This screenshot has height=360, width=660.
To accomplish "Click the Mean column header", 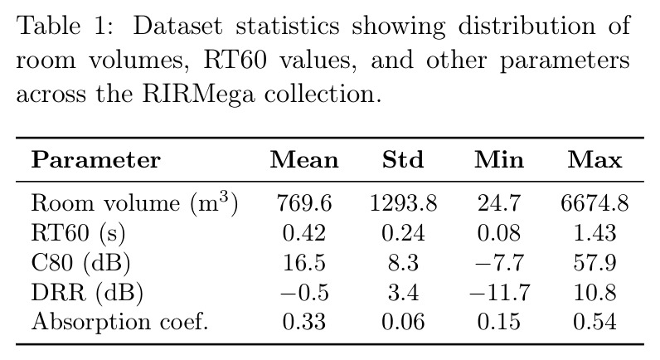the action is (304, 160).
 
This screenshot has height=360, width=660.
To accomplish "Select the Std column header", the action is (403, 160).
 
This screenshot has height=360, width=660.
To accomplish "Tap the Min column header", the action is (499, 160).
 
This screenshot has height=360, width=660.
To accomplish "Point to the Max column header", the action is (594, 160).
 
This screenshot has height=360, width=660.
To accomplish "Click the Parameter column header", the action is (96, 160).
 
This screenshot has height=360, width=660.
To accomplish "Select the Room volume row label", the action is (134, 203).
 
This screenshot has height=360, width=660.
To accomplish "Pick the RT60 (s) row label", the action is (78, 233).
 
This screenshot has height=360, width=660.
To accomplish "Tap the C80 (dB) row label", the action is (80, 263).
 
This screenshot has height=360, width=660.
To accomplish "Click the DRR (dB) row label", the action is (87, 292).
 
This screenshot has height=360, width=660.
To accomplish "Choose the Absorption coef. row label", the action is (120, 322).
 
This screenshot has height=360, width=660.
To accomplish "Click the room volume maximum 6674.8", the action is (594, 203).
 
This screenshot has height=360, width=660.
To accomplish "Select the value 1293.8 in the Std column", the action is (403, 203).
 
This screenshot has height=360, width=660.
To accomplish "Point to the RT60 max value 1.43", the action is (594, 233).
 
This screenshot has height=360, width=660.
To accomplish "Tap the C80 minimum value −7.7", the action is (499, 263).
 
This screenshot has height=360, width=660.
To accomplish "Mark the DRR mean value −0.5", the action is (304, 293).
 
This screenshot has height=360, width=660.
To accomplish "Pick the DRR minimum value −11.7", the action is (500, 293).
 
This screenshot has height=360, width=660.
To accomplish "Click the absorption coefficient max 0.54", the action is (594, 322).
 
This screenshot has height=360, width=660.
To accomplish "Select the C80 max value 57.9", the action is (594, 263).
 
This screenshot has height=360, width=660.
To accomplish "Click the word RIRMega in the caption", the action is (199, 94).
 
